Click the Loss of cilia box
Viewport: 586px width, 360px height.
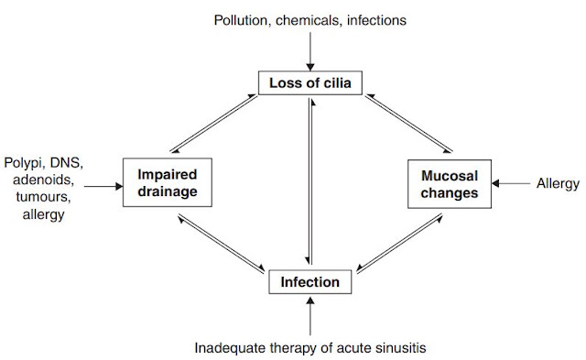310,82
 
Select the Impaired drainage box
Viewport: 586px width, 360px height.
168,182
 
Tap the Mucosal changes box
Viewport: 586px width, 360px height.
450,184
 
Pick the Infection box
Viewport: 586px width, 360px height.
310,281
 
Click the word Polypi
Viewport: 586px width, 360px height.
25,163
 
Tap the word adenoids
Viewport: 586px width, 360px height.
43,180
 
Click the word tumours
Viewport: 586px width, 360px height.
43,197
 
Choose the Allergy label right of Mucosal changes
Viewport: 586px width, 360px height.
558,184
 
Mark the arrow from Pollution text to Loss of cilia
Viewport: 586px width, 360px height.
310,51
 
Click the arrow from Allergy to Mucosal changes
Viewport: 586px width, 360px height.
511,183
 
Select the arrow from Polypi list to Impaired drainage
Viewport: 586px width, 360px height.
103,186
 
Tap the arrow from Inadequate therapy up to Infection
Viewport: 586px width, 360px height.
310,316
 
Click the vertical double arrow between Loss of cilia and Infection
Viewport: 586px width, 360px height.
310,181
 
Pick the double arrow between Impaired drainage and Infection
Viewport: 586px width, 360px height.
222,243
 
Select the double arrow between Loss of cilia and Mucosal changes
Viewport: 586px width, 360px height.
409,124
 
